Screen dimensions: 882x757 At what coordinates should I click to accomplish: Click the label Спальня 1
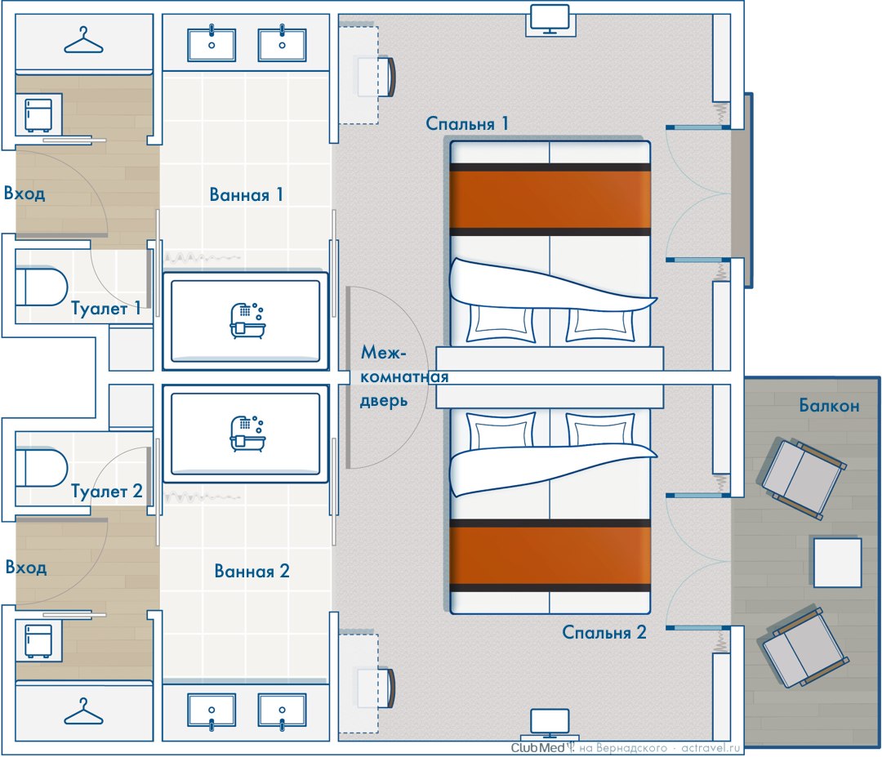(467, 124)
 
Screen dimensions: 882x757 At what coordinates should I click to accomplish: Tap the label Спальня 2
(604, 633)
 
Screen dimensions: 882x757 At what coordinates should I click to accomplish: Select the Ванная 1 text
(246, 194)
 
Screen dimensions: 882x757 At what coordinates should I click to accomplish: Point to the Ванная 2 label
(252, 572)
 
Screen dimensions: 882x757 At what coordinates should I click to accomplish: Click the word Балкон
(829, 406)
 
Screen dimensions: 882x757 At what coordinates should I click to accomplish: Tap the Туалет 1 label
(105, 308)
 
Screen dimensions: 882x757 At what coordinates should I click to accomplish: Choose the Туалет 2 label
(107, 491)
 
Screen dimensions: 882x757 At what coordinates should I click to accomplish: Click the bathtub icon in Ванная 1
(247, 321)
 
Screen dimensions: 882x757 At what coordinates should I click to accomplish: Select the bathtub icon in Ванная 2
(247, 434)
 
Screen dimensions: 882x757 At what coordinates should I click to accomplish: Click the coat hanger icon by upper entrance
(84, 41)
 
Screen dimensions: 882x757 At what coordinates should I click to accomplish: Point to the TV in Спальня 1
(550, 19)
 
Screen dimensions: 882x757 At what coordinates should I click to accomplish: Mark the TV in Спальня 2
(550, 724)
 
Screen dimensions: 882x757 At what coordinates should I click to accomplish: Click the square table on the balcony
(838, 563)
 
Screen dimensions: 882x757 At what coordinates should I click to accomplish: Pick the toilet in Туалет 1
(42, 287)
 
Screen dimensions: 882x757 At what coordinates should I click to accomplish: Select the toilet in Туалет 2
(42, 467)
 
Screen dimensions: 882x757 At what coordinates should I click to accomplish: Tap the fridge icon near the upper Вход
(38, 114)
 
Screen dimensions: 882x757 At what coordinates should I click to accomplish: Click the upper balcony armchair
(803, 479)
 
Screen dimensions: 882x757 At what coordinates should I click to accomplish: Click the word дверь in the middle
(384, 401)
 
